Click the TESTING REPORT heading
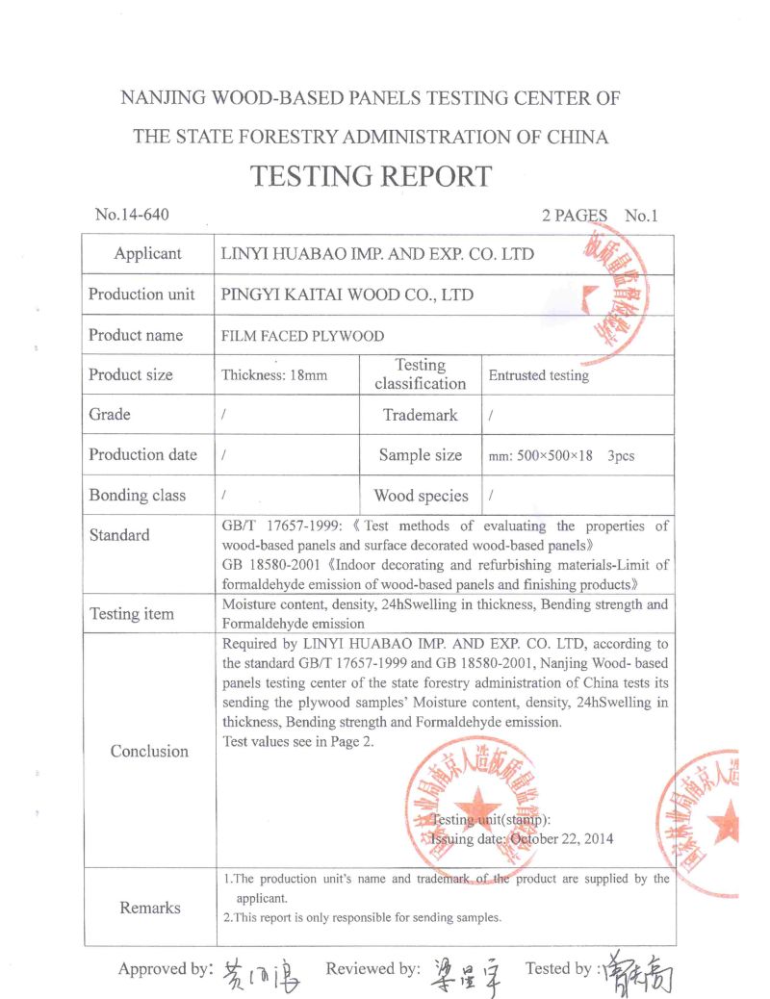371,176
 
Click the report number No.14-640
132,215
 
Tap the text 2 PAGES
575,216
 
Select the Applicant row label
147,254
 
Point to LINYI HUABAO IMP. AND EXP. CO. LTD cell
377,254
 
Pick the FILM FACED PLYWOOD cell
302,336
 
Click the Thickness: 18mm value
274,375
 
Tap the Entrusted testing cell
538,375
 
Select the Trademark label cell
420,415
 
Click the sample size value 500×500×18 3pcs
561,456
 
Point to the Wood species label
421,497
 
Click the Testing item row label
132,614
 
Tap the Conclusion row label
149,752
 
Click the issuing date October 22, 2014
561,838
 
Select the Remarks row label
149,908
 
